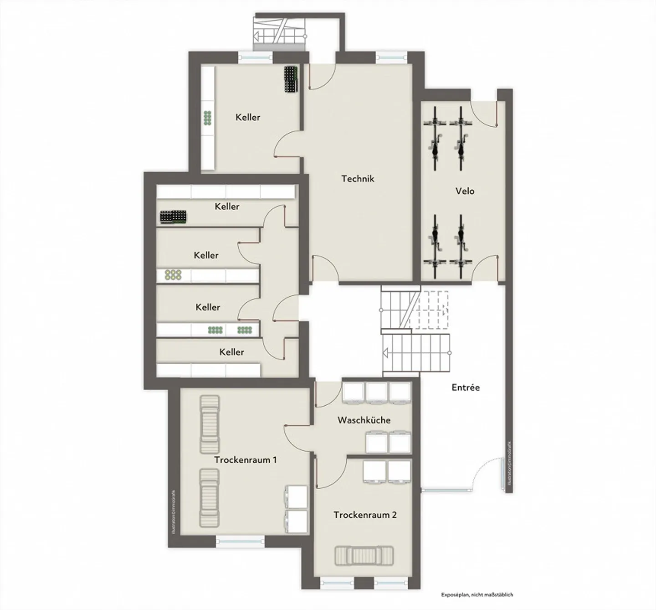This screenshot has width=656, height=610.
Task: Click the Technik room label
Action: tap(358, 179)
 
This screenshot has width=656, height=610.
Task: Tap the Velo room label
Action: tap(465, 191)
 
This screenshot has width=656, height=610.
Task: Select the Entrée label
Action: tap(466, 388)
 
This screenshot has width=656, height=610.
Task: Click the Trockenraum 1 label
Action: tap(246, 460)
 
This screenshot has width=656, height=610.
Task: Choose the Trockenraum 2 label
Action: tap(365, 515)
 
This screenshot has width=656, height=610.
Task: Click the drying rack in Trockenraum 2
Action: tap(364, 555)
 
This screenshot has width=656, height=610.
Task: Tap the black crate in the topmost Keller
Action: tap(291, 79)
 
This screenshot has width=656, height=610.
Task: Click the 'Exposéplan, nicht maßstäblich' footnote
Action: tap(477, 594)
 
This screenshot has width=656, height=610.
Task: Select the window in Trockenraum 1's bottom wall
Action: tap(240, 541)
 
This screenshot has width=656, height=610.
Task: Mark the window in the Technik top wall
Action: tap(390, 57)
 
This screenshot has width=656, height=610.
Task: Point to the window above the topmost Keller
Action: tap(255, 57)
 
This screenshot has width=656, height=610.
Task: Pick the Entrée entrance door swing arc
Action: tap(482, 472)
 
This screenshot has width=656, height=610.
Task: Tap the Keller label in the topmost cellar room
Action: tap(248, 117)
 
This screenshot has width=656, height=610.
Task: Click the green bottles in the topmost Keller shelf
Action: tap(208, 118)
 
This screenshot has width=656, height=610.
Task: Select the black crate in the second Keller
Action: tap(173, 217)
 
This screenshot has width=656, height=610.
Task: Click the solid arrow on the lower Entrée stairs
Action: tap(385, 353)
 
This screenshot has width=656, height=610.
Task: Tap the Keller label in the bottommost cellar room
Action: tap(231, 352)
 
